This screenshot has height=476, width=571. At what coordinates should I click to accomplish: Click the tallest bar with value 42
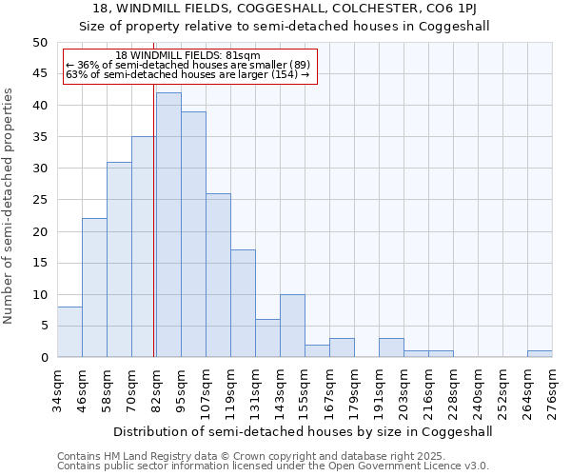168,225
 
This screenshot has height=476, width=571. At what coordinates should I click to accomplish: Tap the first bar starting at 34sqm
69,331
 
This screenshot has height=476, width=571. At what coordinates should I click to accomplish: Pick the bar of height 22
94,288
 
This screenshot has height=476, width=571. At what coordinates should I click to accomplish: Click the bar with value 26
218,275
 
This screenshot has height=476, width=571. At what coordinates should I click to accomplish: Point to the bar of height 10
292,326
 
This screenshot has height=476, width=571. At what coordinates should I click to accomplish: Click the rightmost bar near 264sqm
540,354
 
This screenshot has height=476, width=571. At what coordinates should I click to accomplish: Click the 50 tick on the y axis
40,43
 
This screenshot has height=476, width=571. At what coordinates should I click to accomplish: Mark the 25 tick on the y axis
40,200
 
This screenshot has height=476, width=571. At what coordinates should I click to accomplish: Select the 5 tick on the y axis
44,326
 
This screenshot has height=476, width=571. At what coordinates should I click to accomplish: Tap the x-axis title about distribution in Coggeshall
303,431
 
